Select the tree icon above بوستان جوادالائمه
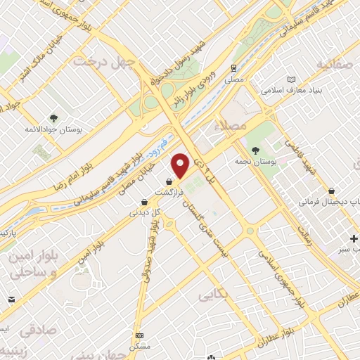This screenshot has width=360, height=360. tap(53, 117)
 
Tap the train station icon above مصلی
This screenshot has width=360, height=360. tap(232, 68)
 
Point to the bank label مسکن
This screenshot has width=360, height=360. tap(141, 347)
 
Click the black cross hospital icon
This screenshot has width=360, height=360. tap(356, 236)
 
